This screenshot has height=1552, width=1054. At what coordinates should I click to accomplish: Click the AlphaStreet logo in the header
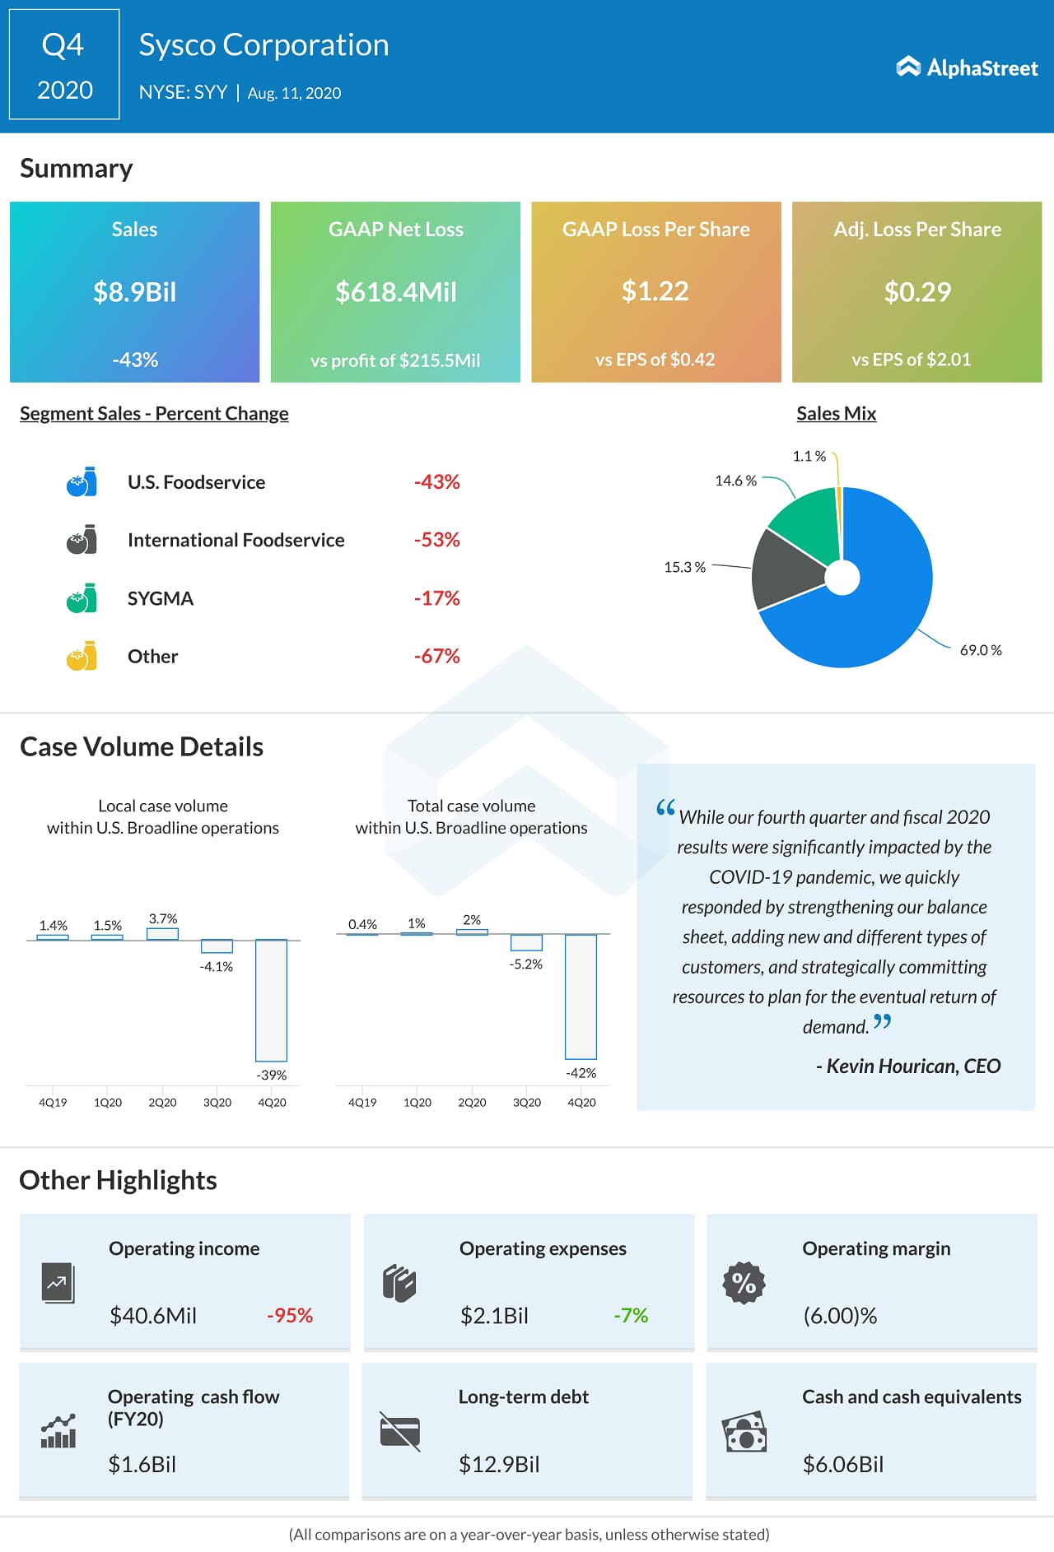pyautogui.click(x=967, y=67)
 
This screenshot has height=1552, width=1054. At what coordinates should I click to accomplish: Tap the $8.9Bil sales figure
pyautogui.click(x=134, y=292)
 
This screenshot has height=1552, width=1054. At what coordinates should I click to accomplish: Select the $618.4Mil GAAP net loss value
pyautogui.click(x=395, y=292)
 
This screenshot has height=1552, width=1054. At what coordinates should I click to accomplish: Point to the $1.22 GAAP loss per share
pyautogui.click(x=655, y=291)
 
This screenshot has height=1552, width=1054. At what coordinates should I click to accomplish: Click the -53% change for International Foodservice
pyautogui.click(x=436, y=540)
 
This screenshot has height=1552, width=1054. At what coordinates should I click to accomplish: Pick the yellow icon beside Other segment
pyautogui.click(x=82, y=656)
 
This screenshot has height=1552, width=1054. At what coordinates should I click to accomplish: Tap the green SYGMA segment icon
pyautogui.click(x=82, y=598)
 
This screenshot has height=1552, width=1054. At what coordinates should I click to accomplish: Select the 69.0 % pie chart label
pyautogui.click(x=980, y=650)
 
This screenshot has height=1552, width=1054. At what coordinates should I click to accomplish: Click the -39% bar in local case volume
pyautogui.click(x=271, y=1000)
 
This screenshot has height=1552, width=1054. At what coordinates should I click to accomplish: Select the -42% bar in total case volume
pyautogui.click(x=581, y=997)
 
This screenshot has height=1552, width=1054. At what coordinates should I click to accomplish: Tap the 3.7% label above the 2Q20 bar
pyautogui.click(x=163, y=918)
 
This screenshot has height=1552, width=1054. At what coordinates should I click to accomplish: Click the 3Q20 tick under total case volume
pyautogui.click(x=527, y=1102)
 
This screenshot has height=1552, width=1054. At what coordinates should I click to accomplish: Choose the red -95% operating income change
pyautogui.click(x=290, y=1316)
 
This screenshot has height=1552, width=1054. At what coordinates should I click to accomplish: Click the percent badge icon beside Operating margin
pyautogui.click(x=744, y=1282)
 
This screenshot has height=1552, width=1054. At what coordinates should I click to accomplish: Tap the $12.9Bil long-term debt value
pyautogui.click(x=499, y=1464)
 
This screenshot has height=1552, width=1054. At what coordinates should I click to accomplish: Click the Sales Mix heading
pyautogui.click(x=836, y=413)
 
